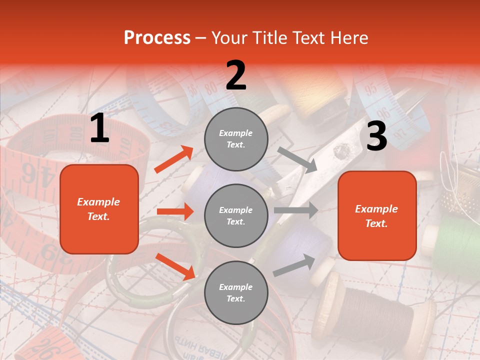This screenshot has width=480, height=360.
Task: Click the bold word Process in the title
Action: point(157,37)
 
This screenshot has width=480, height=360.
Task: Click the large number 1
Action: point(99,128)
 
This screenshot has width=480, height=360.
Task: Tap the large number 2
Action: point(236,75)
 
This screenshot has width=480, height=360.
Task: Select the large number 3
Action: point(376,136)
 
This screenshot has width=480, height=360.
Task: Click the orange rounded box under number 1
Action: point(99,209)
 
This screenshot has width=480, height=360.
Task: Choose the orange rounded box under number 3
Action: point(377,216)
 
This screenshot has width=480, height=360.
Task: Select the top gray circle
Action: point(236,139)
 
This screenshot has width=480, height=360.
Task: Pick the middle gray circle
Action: point(236,216)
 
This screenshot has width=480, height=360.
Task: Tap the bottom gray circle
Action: point(236,293)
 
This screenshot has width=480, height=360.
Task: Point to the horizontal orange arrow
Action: point(175,211)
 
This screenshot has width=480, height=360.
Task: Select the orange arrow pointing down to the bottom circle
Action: point(175,266)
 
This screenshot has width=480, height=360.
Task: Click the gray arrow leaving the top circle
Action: point(297,159)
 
